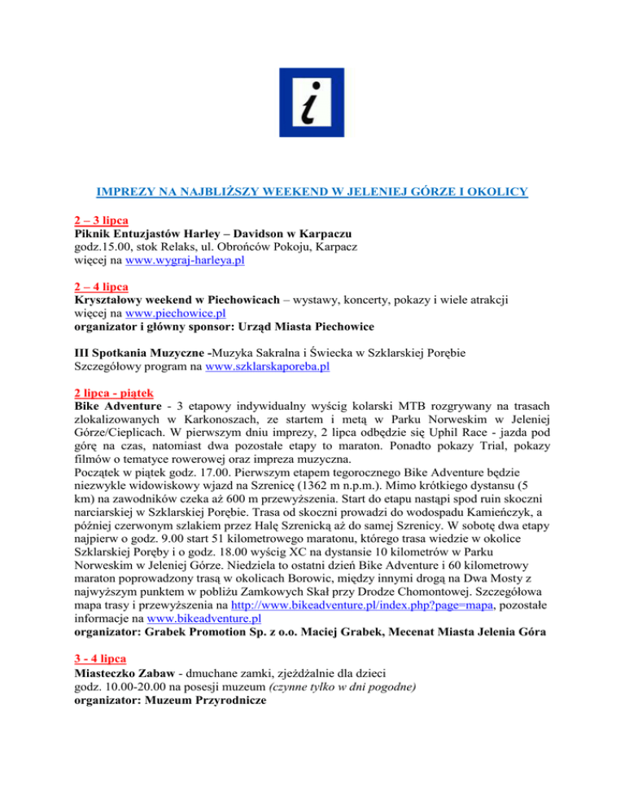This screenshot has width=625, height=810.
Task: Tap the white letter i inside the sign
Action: coord(312,104)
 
